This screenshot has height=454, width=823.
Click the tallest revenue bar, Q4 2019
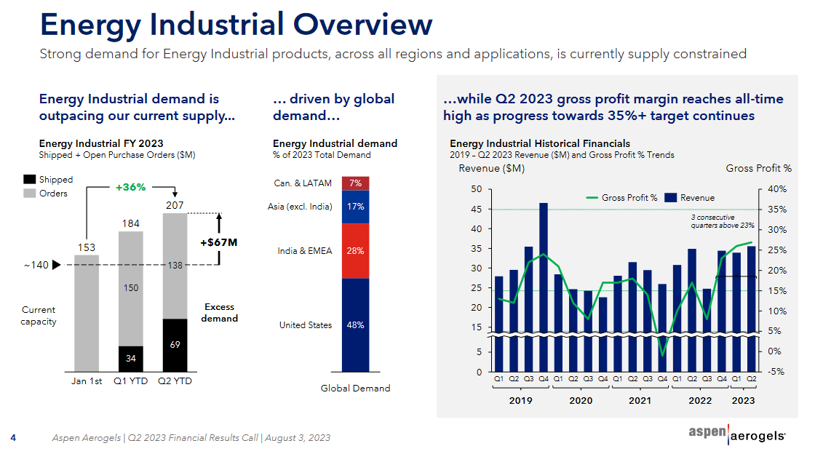[544, 284]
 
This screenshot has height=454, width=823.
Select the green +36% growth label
[131, 188]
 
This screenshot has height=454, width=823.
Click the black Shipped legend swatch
[30, 180]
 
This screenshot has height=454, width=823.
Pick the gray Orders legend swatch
[30, 194]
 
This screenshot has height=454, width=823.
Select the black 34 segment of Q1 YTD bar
[131, 358]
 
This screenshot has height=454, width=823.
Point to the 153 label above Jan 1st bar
[87, 247]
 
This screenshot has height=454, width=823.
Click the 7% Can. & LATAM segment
[355, 183]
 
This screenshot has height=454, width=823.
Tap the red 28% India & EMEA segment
[355, 251]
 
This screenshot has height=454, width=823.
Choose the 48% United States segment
[355, 325]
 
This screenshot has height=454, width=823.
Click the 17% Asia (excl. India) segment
[355, 207]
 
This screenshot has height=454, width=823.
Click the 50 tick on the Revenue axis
[477, 189]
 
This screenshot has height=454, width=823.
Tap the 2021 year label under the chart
[640, 400]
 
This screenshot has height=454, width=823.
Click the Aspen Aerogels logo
[736, 434]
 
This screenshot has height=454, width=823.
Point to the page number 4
[13, 438]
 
